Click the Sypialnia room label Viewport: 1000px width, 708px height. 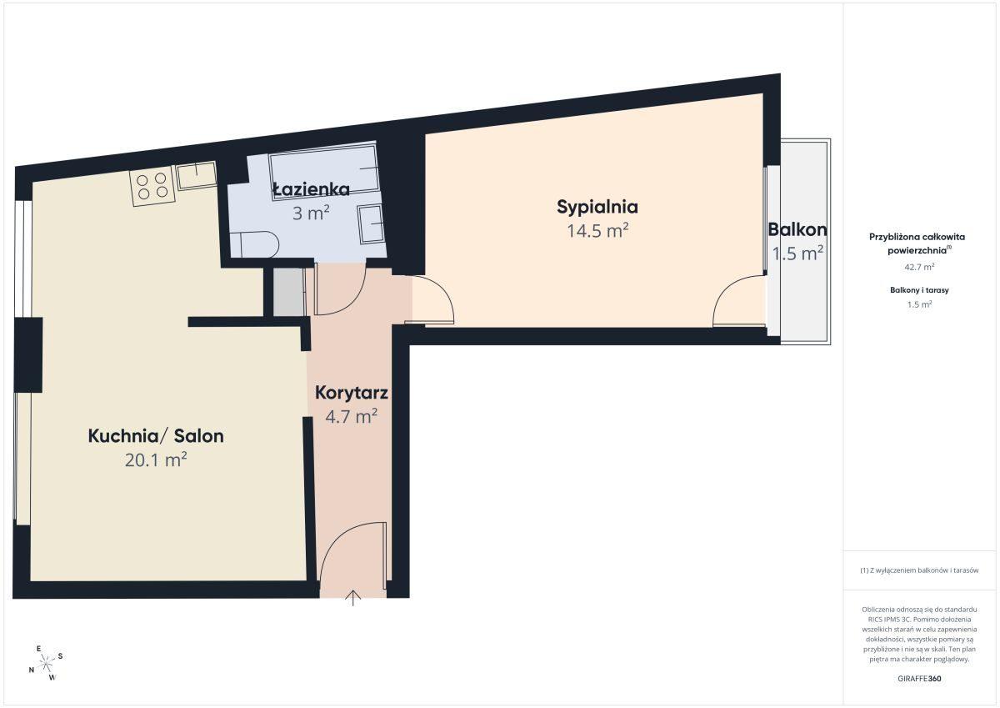[x=597, y=208]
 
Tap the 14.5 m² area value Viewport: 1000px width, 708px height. [x=597, y=231]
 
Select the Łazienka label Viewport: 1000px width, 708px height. [x=311, y=189]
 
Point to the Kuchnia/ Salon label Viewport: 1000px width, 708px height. [x=156, y=436]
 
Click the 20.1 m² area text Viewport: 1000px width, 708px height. [x=156, y=459]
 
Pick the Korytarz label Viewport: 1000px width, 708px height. [x=352, y=393]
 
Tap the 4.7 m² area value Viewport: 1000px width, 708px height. [x=352, y=416]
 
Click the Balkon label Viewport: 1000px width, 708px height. [x=797, y=229]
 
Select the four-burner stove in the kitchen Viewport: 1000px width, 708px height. [x=152, y=186]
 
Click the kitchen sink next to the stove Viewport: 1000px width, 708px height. [x=197, y=175]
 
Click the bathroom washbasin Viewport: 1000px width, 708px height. [x=371, y=224]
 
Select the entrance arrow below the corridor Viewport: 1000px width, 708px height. [x=353, y=598]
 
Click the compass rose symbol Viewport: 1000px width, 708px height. [x=46, y=663]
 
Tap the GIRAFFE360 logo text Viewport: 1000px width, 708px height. [x=919, y=679]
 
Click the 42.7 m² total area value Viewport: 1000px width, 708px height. [x=919, y=267]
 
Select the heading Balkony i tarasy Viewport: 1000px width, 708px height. [x=919, y=290]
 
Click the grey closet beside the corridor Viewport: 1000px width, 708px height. [x=289, y=292]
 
